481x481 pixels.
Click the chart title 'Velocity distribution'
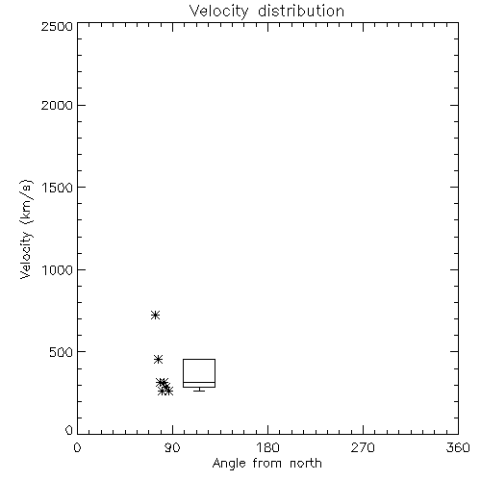pyautogui.click(x=266, y=11)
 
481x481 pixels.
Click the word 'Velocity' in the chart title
pyautogui.click(x=218, y=12)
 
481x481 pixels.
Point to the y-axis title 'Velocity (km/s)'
pyautogui.click(x=26, y=230)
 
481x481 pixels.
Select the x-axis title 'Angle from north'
pyautogui.click(x=266, y=464)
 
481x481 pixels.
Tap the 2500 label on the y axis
pyautogui.click(x=57, y=26)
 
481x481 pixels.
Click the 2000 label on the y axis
pyautogui.click(x=57, y=105)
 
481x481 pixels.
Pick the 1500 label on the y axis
pyautogui.click(x=58, y=188)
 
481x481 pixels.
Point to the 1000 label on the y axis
pyautogui.click(x=58, y=269)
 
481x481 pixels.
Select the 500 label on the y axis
pyautogui.click(x=62, y=352)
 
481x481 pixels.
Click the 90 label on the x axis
pyautogui.click(x=172, y=447)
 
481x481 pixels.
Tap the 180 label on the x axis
pyautogui.click(x=267, y=447)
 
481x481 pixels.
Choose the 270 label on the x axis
pyautogui.click(x=363, y=447)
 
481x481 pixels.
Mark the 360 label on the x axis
pyautogui.click(x=458, y=447)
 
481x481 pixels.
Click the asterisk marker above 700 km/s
pyautogui.click(x=155, y=316)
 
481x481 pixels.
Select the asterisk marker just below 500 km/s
pyautogui.click(x=158, y=359)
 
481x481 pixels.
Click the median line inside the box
pyautogui.click(x=199, y=382)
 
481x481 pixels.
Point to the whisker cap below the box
pyautogui.click(x=199, y=391)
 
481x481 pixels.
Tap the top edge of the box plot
pyautogui.click(x=199, y=359)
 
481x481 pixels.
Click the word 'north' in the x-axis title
pyautogui.click(x=306, y=464)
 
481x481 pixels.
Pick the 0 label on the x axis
pyautogui.click(x=77, y=447)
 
